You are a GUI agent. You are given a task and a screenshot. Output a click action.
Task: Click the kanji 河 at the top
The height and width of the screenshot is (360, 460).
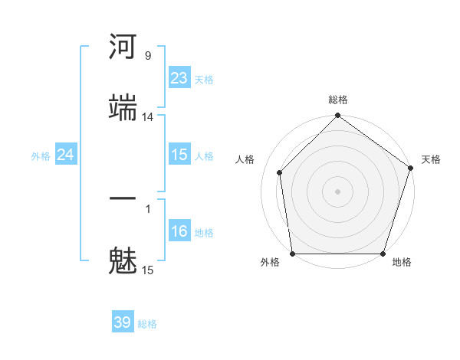123,47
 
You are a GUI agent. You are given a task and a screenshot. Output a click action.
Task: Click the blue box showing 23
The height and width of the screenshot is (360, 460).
179,78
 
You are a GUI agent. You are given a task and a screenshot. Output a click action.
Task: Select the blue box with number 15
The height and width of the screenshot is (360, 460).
179,155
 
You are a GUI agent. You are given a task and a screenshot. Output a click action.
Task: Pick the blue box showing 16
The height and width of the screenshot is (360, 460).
179,231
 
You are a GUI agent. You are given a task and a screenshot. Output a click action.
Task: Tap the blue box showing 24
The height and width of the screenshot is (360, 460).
66,155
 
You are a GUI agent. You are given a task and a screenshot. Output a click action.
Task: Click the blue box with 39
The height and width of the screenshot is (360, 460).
123,322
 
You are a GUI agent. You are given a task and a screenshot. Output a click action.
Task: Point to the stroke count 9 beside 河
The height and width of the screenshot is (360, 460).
147,56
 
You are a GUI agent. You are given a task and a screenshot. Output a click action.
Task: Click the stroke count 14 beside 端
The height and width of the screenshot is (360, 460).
147,116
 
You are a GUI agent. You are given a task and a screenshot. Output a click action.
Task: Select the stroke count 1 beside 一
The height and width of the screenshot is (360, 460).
147,208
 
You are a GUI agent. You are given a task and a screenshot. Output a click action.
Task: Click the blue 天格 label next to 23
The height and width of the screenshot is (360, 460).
204,79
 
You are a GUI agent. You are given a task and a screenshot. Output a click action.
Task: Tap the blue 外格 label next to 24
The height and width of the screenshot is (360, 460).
41,155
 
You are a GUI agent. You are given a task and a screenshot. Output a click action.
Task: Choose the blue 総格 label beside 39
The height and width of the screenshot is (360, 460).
147,324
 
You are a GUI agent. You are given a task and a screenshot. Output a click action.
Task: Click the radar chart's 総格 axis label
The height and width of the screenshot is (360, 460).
338,100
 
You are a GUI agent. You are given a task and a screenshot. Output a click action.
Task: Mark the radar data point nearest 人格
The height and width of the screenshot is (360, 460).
280,172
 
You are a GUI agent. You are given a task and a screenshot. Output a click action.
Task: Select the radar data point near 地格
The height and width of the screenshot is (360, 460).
383,254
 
